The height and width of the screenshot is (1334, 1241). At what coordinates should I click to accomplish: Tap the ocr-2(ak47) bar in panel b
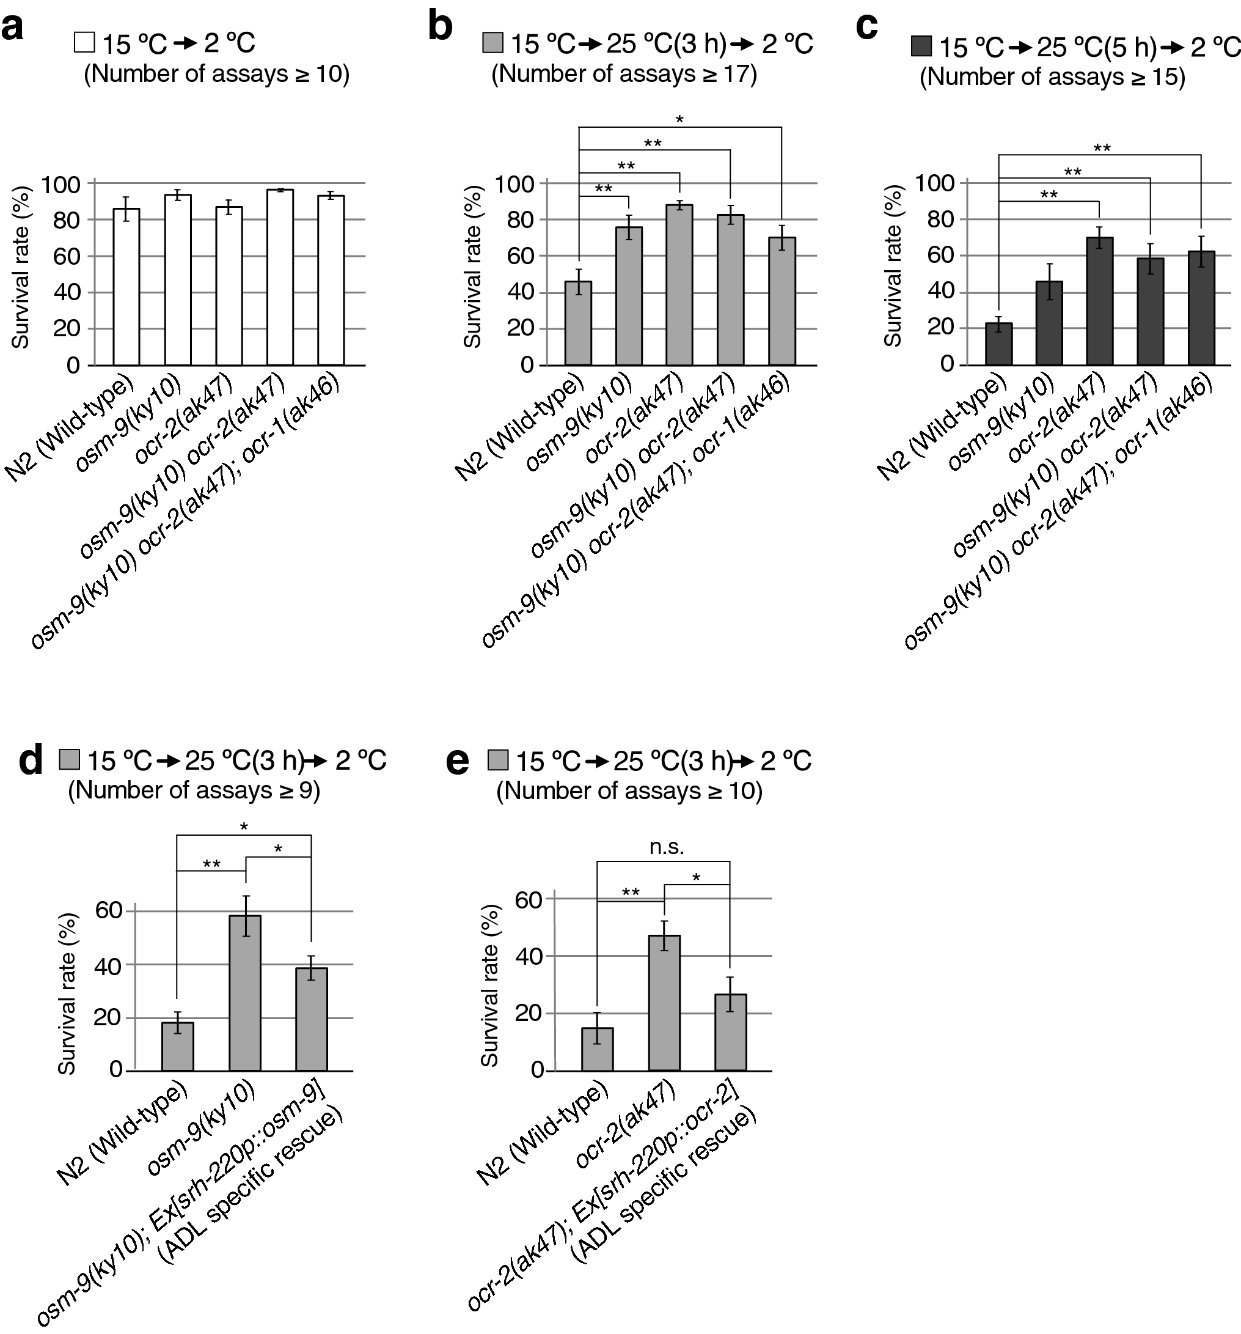click(x=679, y=285)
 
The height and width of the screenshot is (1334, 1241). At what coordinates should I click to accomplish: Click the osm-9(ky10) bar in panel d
click(x=245, y=993)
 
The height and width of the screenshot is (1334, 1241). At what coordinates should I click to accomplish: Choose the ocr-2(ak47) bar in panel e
click(x=664, y=1003)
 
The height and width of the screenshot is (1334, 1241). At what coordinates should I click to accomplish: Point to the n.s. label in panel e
click(x=666, y=847)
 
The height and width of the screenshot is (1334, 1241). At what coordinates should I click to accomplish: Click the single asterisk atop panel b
click(x=679, y=120)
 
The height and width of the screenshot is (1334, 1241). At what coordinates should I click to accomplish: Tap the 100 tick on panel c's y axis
click(x=932, y=183)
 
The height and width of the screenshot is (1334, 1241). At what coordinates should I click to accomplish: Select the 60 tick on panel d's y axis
click(x=109, y=910)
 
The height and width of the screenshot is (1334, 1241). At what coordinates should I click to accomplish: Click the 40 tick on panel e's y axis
click(x=529, y=956)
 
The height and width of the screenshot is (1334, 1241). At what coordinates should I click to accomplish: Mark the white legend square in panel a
click(x=84, y=43)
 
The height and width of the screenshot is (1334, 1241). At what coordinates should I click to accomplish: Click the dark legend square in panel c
click(x=921, y=47)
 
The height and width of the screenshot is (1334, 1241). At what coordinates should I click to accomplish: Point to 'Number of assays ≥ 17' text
click(x=624, y=74)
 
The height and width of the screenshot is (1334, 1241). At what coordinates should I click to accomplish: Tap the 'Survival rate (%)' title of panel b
click(x=473, y=267)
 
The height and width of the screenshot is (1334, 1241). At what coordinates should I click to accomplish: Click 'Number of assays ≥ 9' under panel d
click(x=194, y=790)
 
